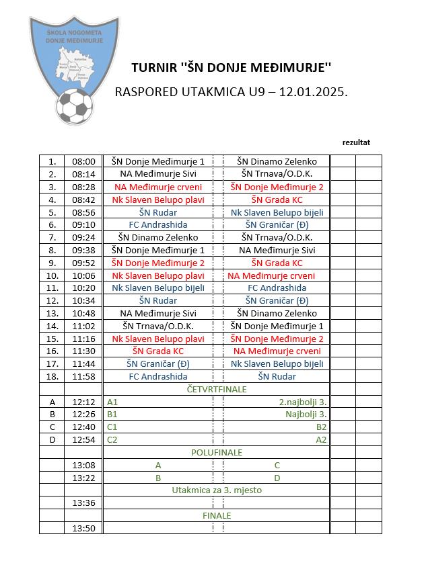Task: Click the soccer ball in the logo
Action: (x=74, y=107)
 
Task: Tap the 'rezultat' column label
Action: (x=356, y=142)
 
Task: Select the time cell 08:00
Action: (x=84, y=161)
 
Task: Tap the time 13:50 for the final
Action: (x=84, y=528)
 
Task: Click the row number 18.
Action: (x=52, y=376)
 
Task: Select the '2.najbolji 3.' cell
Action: (x=303, y=402)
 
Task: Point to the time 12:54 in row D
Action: (x=84, y=439)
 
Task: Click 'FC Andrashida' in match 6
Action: (x=158, y=224)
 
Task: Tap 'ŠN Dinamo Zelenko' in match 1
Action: (x=277, y=161)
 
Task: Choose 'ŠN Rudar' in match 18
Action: (x=277, y=376)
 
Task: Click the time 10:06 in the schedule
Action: (x=84, y=275)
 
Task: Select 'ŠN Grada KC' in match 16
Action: (x=158, y=351)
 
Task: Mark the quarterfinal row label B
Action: (x=52, y=415)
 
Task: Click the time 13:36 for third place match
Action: (x=84, y=503)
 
